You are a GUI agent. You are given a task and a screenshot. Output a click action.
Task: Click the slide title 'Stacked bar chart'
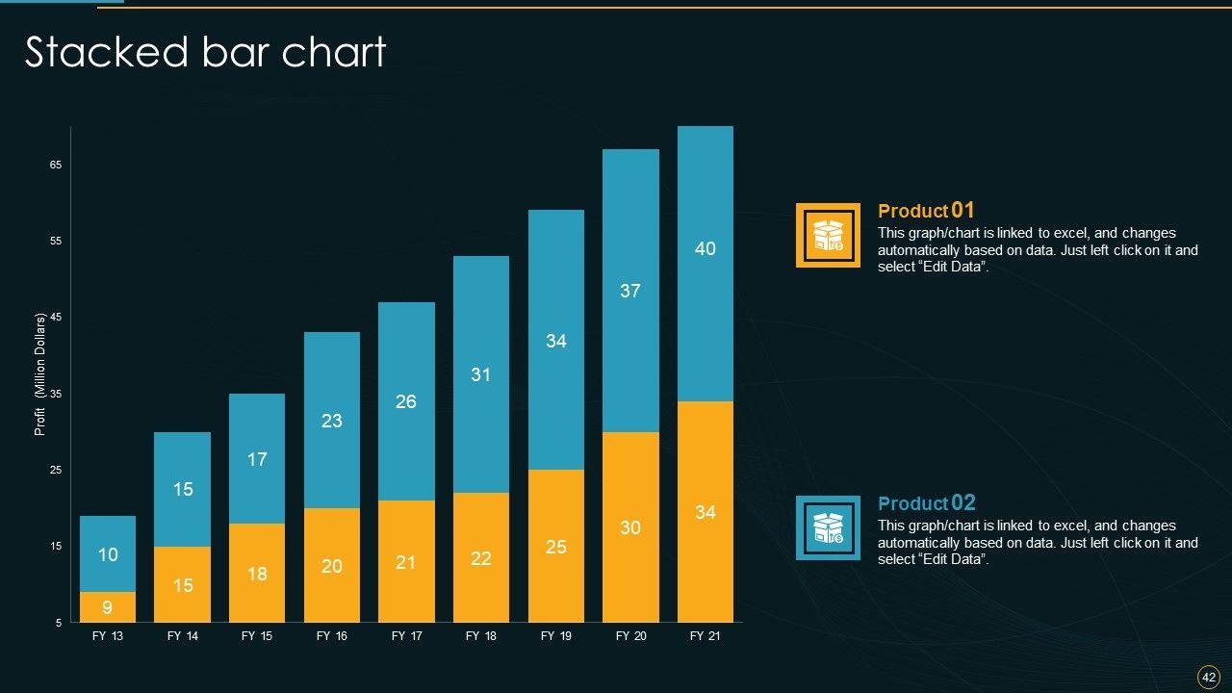click(x=205, y=52)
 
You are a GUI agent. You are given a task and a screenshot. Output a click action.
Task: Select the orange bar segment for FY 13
click(x=107, y=607)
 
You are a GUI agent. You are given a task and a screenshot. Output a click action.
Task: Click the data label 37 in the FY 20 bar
click(x=630, y=291)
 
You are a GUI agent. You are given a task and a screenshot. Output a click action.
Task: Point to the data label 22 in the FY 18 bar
click(x=481, y=558)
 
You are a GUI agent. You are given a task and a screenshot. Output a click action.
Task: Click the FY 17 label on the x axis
click(x=406, y=636)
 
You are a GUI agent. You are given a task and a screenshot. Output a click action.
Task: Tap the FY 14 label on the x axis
click(x=182, y=636)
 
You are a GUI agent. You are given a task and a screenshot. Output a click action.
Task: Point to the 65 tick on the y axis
click(x=56, y=166)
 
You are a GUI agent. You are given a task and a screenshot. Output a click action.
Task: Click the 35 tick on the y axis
click(x=56, y=395)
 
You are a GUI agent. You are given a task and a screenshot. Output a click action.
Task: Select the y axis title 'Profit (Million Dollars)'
click(x=40, y=374)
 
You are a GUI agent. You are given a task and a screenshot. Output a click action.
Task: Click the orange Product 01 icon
click(x=828, y=235)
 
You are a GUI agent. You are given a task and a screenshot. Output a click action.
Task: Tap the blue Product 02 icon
click(x=828, y=527)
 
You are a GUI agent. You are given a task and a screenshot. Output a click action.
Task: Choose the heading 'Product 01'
click(x=926, y=211)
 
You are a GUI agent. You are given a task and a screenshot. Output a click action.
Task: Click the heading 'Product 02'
click(x=926, y=503)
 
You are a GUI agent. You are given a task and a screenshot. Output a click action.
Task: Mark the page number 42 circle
click(x=1209, y=677)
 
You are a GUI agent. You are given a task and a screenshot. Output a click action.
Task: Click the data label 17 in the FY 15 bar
click(x=257, y=459)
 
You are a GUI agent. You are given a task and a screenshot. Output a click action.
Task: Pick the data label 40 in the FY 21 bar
click(x=706, y=248)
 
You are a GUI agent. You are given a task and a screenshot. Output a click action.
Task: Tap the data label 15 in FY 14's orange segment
click(x=183, y=585)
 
